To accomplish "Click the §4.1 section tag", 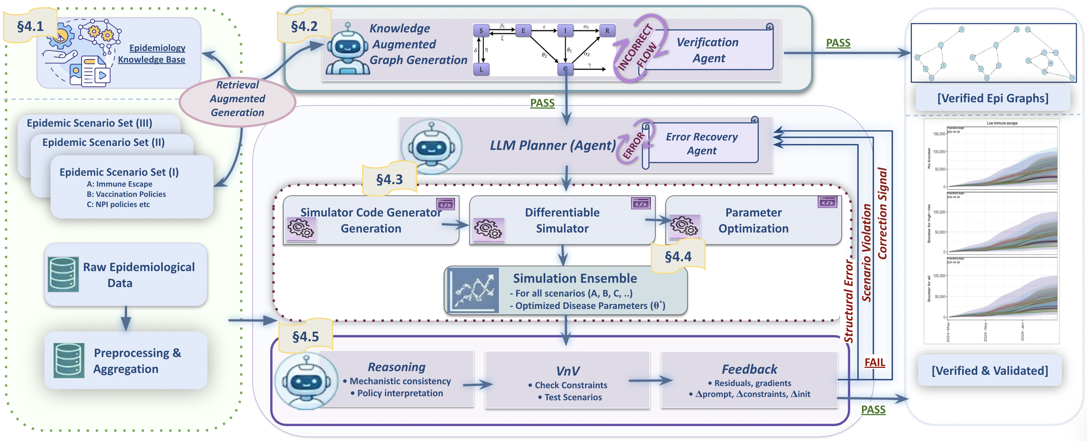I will [29, 26].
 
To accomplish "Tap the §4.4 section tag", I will [678, 256].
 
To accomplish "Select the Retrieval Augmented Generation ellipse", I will [238, 99].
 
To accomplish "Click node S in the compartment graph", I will [481, 30].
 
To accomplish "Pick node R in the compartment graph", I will [607, 30].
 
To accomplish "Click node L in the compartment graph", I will [481, 69].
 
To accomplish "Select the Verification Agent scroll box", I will [708, 50].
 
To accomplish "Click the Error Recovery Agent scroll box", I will [701, 143].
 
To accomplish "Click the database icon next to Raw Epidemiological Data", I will [63, 274].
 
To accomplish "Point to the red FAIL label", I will [874, 362].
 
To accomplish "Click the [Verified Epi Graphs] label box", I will [992, 98].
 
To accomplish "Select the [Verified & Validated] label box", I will [989, 370].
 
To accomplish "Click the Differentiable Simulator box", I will [562, 220].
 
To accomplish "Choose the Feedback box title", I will [749, 369].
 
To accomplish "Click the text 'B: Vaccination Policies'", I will [126, 194].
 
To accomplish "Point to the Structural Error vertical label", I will [848, 301].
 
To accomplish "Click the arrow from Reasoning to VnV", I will [478, 384].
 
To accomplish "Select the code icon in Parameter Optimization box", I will [827, 202].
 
